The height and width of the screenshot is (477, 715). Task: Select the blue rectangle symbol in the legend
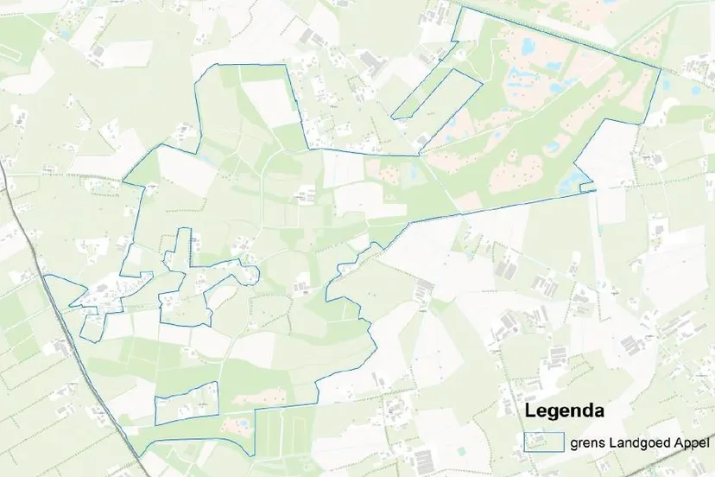pos(543,441)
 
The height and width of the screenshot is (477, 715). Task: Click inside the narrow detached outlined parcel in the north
pos(437,92)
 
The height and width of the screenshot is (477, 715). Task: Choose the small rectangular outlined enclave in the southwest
pos(187,402)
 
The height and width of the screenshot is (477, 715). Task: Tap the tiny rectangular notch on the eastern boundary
pos(587,187)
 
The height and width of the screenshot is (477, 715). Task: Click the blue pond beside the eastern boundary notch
pos(572,181)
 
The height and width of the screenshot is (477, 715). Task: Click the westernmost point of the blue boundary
pos(45,275)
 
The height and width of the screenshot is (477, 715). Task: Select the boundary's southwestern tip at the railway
pos(138,455)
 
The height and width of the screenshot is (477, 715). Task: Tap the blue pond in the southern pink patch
pos(243,424)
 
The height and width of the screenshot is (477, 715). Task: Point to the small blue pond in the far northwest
pos(66,35)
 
